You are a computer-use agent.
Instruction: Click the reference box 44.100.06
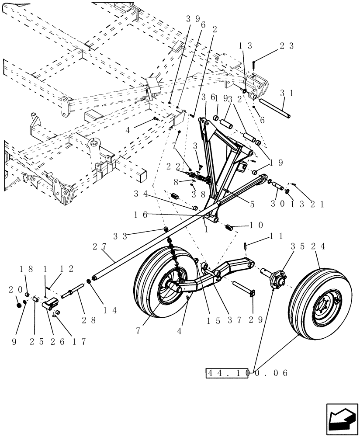226,373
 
